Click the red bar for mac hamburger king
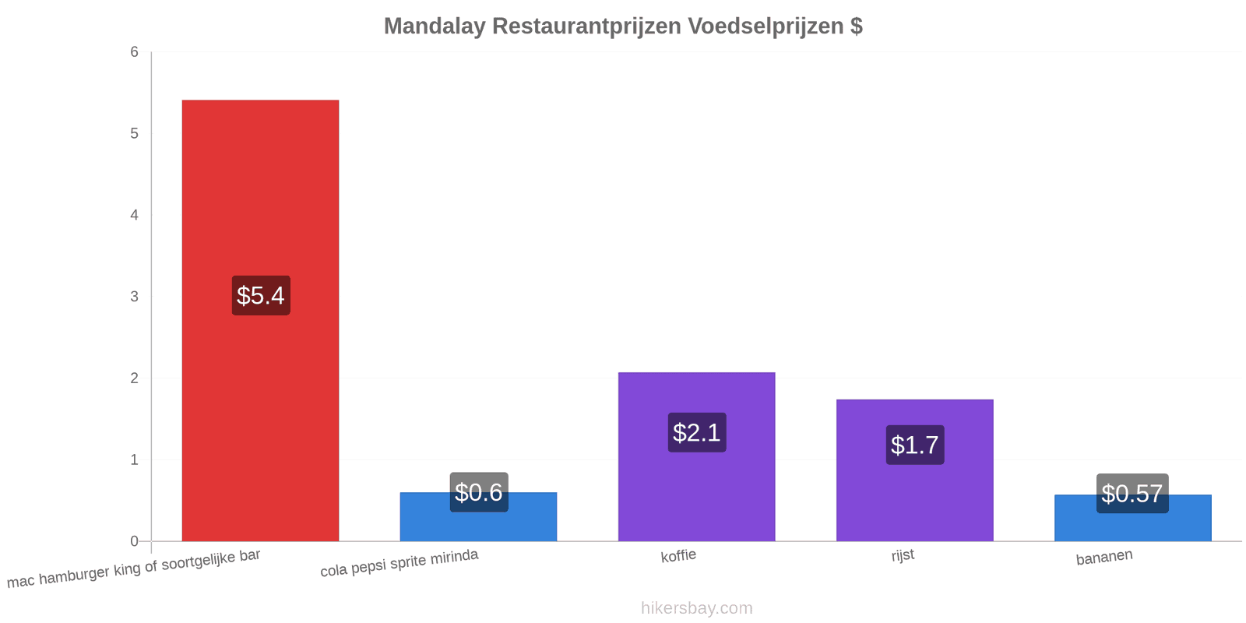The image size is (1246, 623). tap(260, 320)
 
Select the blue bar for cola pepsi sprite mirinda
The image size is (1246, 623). tap(478, 517)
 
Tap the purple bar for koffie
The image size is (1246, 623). tap(696, 456)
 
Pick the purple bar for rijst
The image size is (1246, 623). tap(914, 470)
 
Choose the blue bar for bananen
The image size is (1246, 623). tap(1132, 518)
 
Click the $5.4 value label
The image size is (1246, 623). tap(261, 295)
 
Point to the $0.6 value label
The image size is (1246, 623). tap(479, 492)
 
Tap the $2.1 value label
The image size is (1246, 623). tap(697, 432)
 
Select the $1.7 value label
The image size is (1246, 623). tap(915, 445)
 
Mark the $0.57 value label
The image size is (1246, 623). tap(1132, 494)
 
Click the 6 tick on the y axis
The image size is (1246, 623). tap(134, 51)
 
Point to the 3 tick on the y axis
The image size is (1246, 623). tap(134, 297)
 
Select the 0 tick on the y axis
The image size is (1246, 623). tap(134, 541)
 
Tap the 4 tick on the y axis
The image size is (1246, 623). tap(134, 215)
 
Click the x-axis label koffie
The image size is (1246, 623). tap(678, 556)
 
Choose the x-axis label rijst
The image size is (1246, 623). tap(903, 555)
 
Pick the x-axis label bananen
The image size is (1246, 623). tap(1104, 557)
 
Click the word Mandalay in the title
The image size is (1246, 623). tap(435, 26)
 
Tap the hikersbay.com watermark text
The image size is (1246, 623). tap(696, 608)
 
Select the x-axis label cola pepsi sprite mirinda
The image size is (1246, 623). tap(399, 562)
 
